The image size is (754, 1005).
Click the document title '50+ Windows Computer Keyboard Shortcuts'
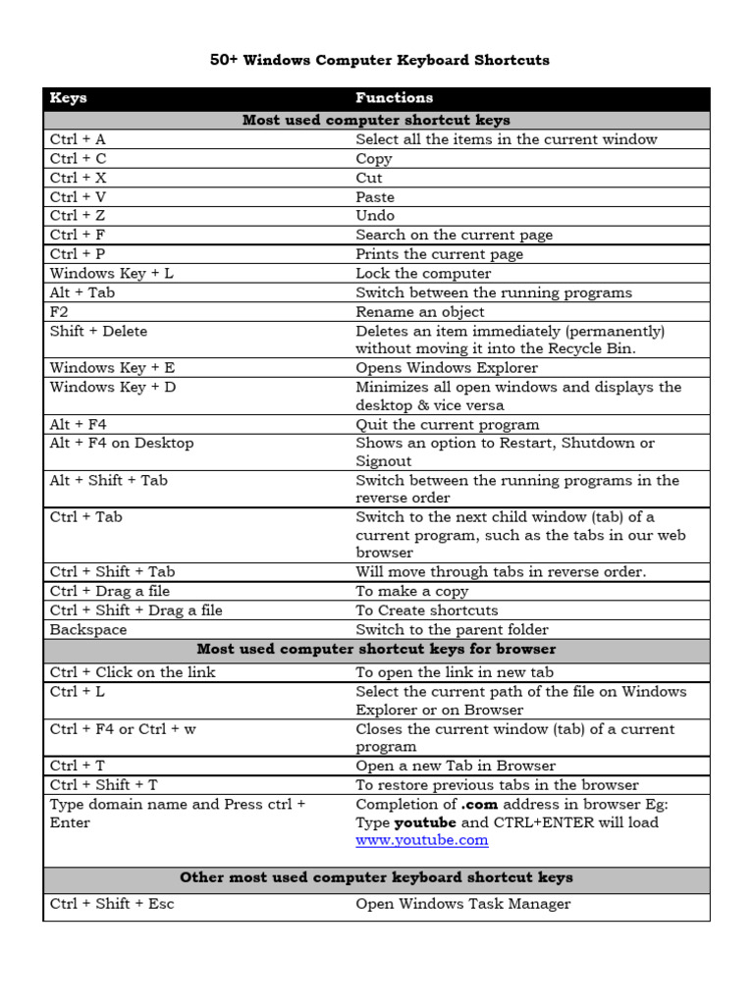coord(379,60)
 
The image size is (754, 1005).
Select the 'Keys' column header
coord(69,98)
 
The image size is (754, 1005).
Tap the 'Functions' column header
coord(394,98)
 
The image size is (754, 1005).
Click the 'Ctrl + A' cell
coord(78,139)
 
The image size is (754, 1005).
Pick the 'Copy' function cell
coord(374,159)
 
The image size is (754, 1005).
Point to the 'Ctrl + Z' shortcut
coord(78,216)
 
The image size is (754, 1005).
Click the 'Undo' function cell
coord(375,216)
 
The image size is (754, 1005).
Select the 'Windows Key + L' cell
coord(112,274)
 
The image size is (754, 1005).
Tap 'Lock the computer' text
coord(423,274)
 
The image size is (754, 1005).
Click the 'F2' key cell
coord(60,312)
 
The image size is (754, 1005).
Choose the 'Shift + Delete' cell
coord(98,332)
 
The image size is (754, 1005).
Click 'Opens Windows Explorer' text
coord(447,368)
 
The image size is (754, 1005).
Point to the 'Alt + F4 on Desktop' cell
coord(122,444)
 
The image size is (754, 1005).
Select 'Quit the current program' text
coord(448,425)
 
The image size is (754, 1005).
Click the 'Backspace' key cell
coord(88,630)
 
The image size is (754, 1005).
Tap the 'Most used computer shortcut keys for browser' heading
coord(376,650)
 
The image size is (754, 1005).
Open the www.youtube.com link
coord(421,841)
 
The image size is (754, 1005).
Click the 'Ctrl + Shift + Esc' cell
coord(112,904)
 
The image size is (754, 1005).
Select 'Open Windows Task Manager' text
coord(462,904)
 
